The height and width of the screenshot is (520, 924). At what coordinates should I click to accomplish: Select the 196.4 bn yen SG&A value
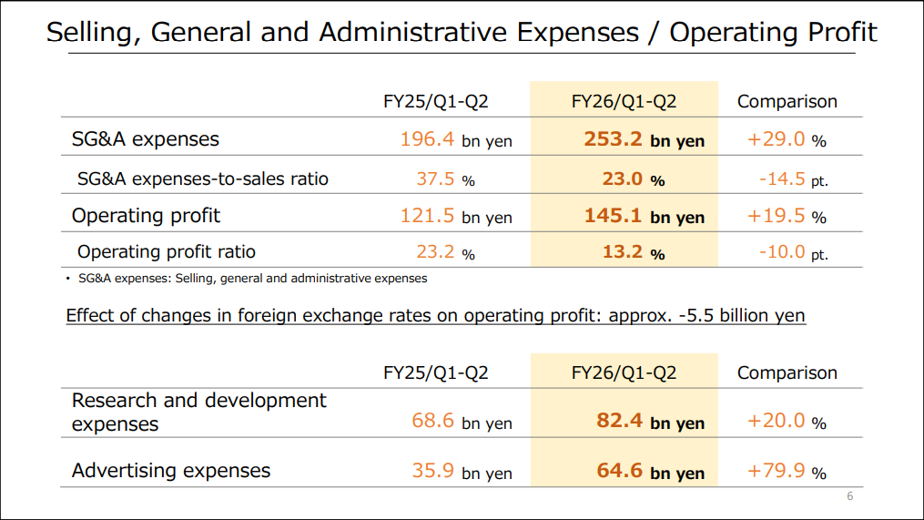pos(455,139)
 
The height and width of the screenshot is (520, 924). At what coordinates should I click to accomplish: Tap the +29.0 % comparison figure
pos(786,139)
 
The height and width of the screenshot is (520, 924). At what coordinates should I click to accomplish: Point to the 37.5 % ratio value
pos(445,178)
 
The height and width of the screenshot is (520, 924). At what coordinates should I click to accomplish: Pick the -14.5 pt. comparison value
pos(793,178)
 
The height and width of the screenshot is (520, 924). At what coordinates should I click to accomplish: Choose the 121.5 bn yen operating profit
pos(455,216)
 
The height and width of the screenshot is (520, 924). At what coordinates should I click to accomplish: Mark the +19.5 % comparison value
pos(786,216)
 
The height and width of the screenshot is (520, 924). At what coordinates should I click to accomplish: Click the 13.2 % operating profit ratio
pos(633,251)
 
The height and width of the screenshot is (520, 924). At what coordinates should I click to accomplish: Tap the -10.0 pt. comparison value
pos(793,251)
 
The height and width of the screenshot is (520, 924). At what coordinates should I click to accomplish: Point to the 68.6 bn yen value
pos(462,421)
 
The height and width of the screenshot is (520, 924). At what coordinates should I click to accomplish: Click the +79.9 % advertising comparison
pos(786,471)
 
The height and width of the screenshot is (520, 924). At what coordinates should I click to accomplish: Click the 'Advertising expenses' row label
pos(171,471)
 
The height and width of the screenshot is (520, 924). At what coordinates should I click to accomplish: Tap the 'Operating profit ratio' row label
pos(166,251)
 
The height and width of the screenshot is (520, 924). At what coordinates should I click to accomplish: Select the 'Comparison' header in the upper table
pos(787,101)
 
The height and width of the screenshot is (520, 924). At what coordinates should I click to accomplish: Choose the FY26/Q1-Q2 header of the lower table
pos(624,372)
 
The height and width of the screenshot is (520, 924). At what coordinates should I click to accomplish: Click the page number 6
pos(849,496)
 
